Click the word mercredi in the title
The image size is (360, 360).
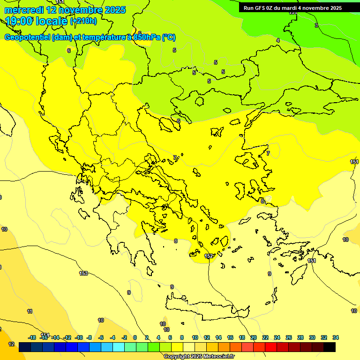coord(23,10)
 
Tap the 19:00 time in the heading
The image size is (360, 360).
coord(19,21)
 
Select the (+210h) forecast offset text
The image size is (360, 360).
coord(83,21)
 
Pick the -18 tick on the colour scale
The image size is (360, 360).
coord(32,337)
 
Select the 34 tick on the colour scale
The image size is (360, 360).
coord(336,337)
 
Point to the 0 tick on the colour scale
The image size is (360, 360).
coord(135,337)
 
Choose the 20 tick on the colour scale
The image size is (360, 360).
coord(254,337)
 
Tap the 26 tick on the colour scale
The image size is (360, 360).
coord(289,337)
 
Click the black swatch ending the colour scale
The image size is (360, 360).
coord(330,347)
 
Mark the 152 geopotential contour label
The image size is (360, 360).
coord(209,256)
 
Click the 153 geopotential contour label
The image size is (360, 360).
coord(83,273)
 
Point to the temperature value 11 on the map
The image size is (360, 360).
coord(30,311)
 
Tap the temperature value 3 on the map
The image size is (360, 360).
coord(316,25)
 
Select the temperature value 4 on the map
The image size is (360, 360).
coord(277,41)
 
